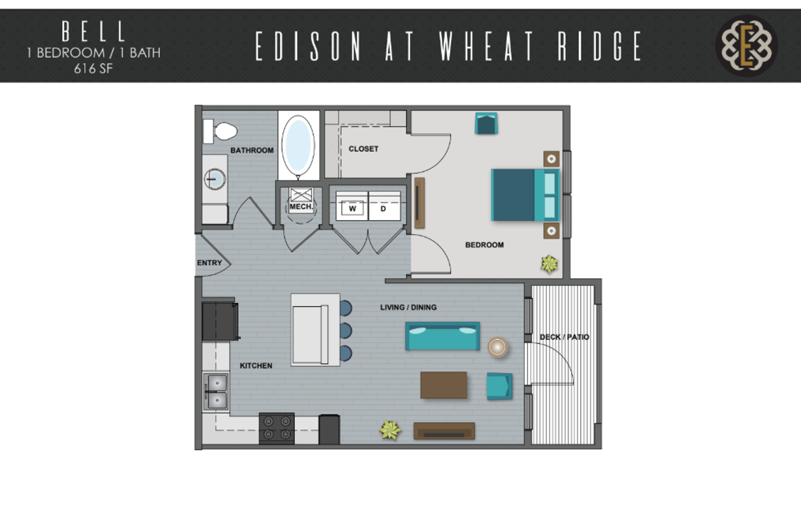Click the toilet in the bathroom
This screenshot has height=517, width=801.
coord(220,131)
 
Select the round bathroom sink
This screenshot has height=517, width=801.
coord(215,179)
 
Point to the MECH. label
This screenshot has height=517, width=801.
coord(301,207)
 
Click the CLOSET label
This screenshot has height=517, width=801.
coord(363,149)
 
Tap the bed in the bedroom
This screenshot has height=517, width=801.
coord(525,195)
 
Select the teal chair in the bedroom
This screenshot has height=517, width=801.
coord(486,124)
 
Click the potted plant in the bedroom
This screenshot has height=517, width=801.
coord(549,264)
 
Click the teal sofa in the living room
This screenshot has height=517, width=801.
coord(442,336)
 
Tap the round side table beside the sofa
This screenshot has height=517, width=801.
coord(497,347)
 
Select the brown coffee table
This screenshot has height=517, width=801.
coord(444,385)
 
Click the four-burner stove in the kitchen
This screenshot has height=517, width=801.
coord(277,428)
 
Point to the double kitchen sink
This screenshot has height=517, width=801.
coord(215,391)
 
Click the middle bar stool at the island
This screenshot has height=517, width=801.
coord(345,331)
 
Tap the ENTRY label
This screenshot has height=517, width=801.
coord(210,263)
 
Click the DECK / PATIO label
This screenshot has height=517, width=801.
coord(564,337)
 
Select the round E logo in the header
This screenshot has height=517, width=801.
coord(746,46)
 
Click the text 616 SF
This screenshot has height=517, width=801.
coord(93,68)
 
